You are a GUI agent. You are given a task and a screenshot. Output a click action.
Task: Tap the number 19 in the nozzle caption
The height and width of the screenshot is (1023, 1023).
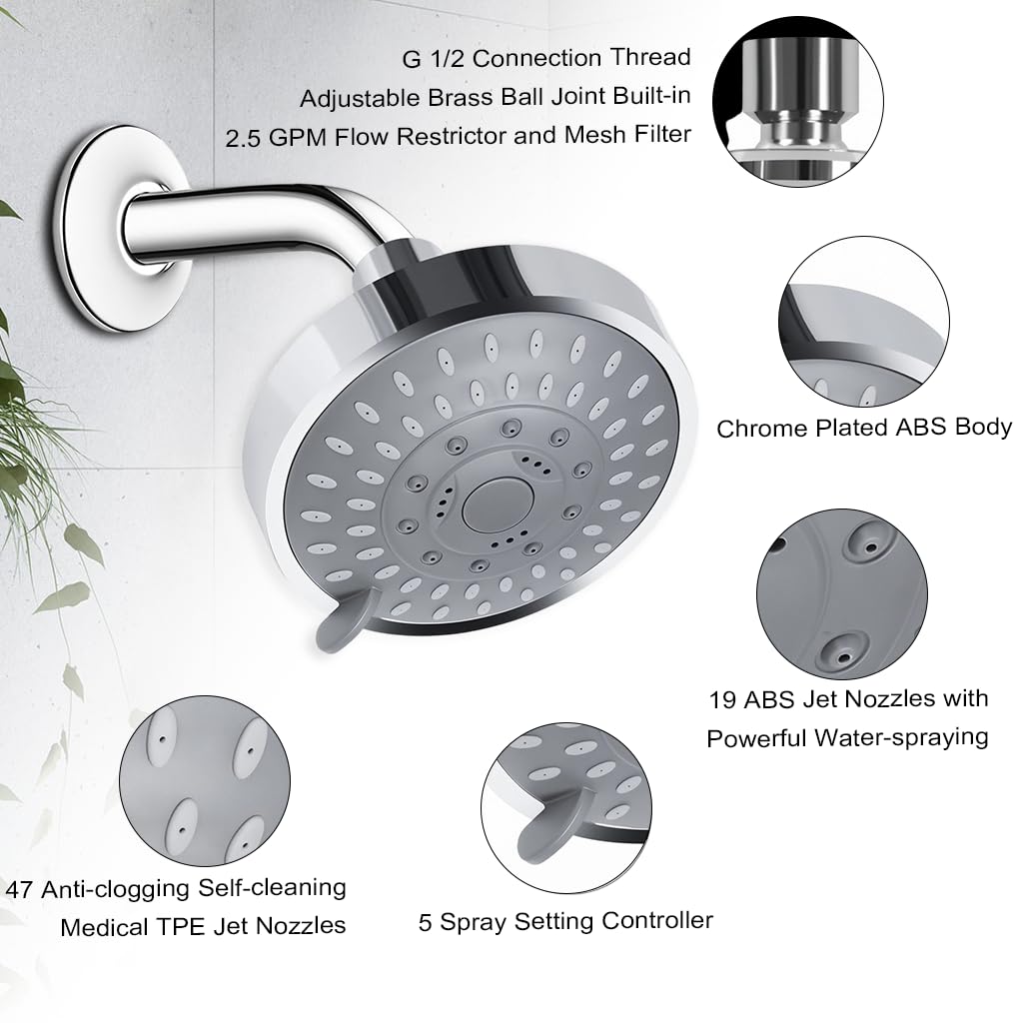(x=722, y=699)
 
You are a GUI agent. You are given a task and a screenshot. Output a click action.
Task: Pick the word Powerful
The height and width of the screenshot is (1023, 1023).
(x=756, y=739)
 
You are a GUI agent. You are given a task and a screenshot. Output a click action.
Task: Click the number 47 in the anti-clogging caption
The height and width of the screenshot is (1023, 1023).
(x=20, y=888)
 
